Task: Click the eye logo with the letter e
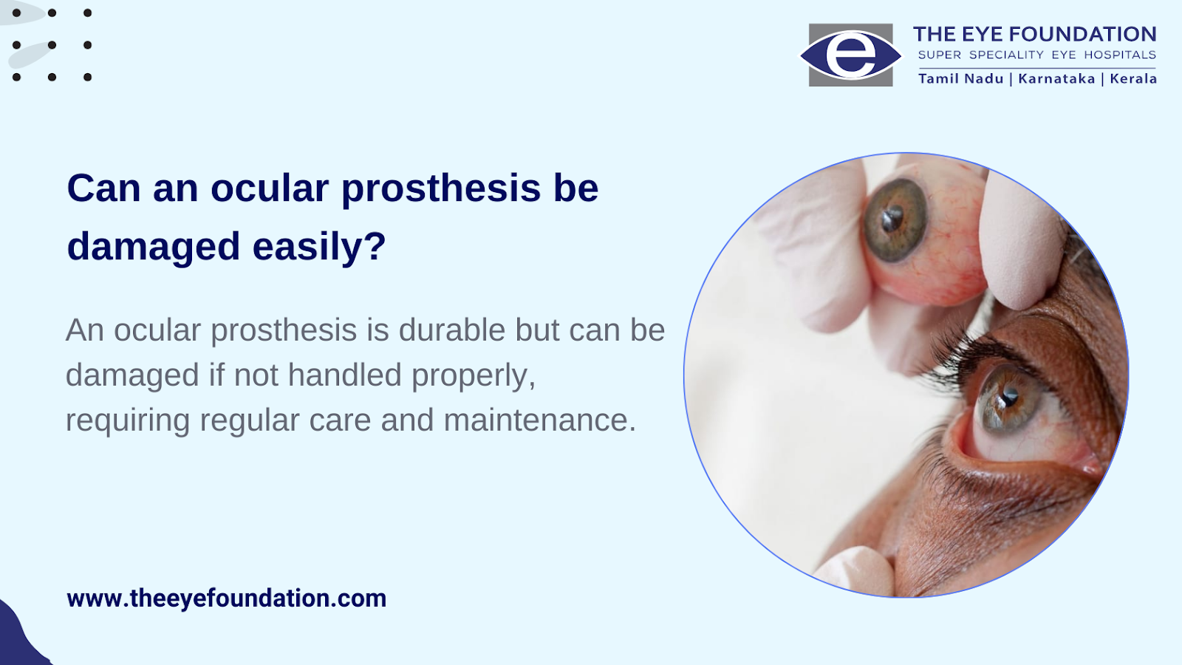(x=850, y=55)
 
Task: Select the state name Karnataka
(x=1056, y=78)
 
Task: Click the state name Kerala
(x=1133, y=78)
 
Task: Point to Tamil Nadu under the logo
(x=960, y=78)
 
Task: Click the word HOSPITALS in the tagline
(x=1120, y=55)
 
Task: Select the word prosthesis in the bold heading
(x=440, y=190)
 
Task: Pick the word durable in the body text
(x=452, y=330)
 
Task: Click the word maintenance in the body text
(x=540, y=420)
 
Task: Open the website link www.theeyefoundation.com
(x=226, y=598)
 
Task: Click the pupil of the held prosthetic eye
(x=892, y=218)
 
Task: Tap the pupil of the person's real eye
(x=1009, y=397)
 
